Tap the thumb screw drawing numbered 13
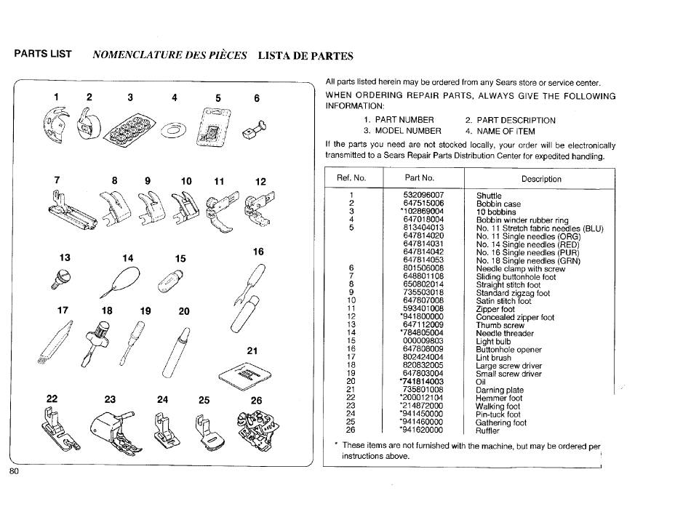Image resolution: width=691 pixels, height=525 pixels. pos(55,281)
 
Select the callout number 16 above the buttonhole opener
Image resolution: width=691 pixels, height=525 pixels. pos(258,252)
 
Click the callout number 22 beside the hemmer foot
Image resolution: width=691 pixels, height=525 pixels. pos(52,399)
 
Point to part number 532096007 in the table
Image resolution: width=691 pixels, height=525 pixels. pos(423,196)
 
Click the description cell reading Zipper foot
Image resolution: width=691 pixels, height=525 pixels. pos(495,309)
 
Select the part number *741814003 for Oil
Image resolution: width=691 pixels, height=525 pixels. pos(422,381)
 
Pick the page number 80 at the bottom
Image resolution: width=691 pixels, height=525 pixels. pos(15,471)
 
